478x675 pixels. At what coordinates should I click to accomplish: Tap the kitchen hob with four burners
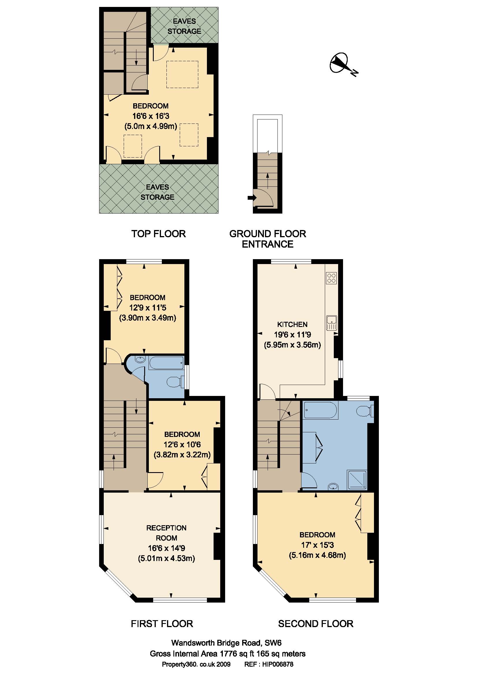[x=331, y=278]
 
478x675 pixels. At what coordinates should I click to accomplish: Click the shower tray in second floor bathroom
[x=357, y=480]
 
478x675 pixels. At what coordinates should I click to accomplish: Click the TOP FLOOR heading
[x=158, y=234]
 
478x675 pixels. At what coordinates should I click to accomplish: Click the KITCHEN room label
[x=292, y=324]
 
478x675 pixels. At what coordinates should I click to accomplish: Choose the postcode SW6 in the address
[x=273, y=643]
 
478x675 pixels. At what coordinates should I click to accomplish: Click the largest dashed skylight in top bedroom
[x=182, y=74]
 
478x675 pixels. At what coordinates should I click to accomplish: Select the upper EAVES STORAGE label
[x=184, y=26]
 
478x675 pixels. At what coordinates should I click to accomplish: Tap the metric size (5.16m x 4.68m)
[x=317, y=555]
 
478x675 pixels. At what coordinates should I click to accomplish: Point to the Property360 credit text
[x=196, y=664]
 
